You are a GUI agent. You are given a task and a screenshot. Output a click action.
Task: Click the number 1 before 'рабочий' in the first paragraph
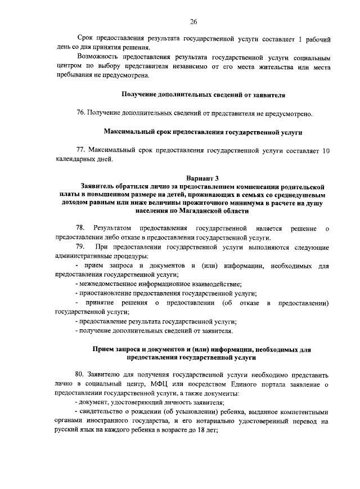pos(301,39)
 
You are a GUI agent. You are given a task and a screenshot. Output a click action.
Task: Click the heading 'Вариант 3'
pos(204,178)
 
